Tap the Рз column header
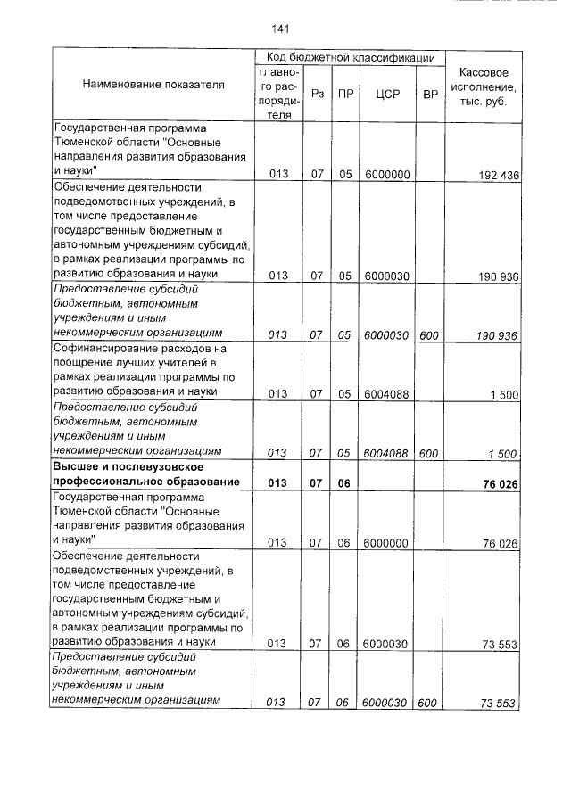click(x=317, y=92)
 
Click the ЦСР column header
click(x=386, y=92)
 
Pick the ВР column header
click(x=429, y=92)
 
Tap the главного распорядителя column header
click(x=279, y=92)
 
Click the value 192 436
click(x=498, y=176)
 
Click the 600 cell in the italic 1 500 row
click(x=428, y=453)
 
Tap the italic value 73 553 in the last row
click(x=498, y=704)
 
